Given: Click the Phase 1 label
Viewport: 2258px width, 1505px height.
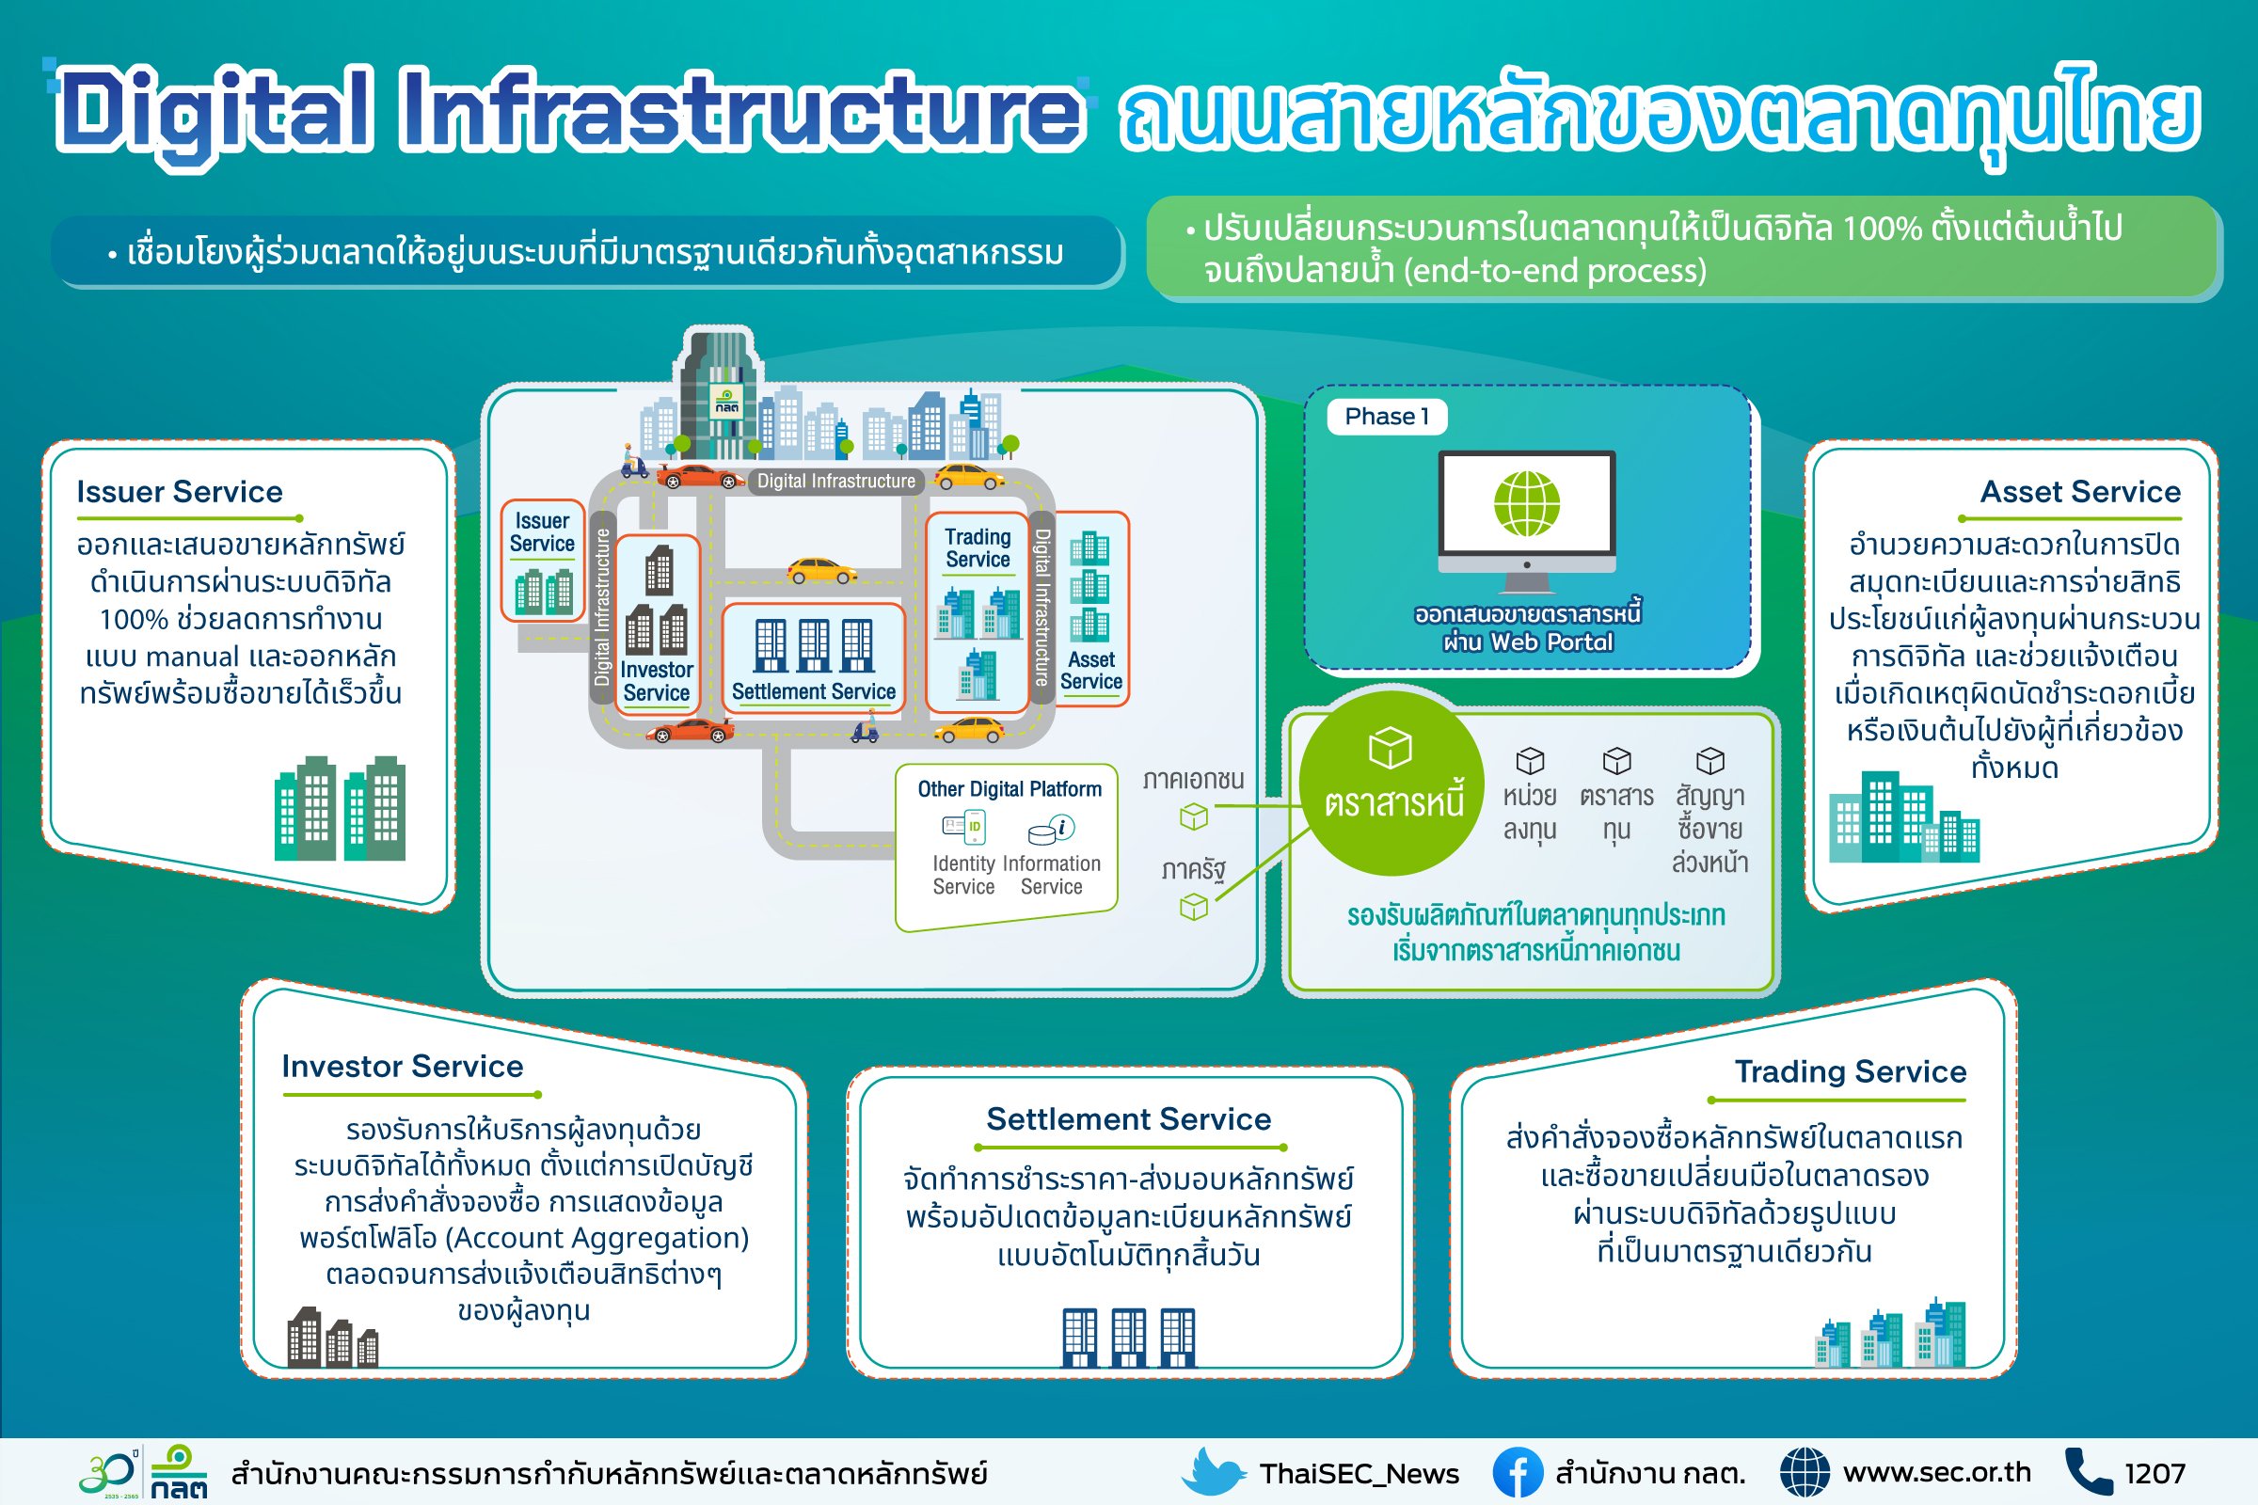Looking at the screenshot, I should point(1386,417).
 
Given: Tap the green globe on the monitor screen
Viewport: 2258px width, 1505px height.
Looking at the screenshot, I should point(1526,504).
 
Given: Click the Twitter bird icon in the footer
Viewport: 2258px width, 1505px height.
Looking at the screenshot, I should point(1214,1472).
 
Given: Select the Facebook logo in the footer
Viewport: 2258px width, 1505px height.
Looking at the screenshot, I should point(1517,1472).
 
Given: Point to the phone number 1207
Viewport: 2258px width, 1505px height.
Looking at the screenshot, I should point(2155,1473).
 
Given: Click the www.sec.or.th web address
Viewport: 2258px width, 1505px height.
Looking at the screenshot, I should point(1936,1472).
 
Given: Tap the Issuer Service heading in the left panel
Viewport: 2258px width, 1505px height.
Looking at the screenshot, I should point(180,492).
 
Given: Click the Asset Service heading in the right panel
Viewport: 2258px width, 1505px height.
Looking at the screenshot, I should point(2079,492).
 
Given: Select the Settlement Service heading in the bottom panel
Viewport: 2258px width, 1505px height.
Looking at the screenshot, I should point(1128,1119).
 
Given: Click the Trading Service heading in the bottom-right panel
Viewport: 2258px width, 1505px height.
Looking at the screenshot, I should point(1850,1071).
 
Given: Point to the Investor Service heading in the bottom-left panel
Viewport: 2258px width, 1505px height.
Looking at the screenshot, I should point(403,1067).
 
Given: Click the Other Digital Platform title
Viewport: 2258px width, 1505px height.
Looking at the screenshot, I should point(1009,789).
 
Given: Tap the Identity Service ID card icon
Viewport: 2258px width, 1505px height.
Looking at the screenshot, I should point(963,828).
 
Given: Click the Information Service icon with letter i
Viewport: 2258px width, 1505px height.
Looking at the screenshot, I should point(1051,829).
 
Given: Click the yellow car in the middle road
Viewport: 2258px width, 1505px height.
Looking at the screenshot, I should point(821,571).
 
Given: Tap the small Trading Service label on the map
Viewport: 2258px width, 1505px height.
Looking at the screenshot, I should point(978,548).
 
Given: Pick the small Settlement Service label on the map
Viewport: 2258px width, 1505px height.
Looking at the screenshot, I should point(813,691).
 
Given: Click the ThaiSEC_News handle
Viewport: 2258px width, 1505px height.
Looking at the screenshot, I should point(1359,1473).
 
